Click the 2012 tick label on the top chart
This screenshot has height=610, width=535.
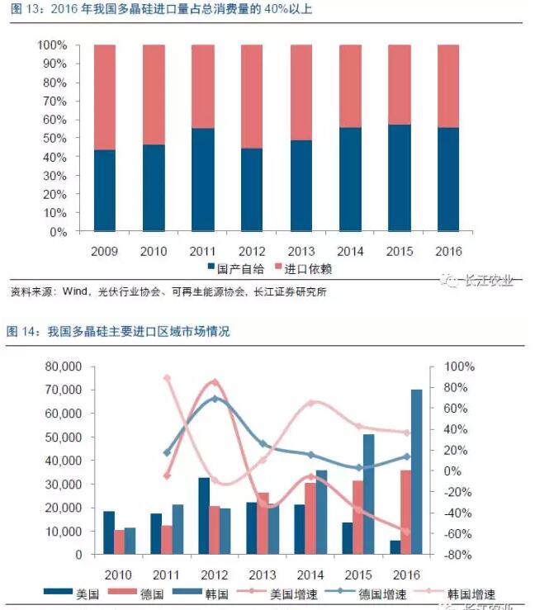click(x=251, y=251)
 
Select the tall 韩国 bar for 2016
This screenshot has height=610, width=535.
click(x=416, y=471)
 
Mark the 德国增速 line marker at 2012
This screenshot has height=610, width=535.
click(x=215, y=398)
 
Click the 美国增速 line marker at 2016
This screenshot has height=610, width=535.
click(x=405, y=531)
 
